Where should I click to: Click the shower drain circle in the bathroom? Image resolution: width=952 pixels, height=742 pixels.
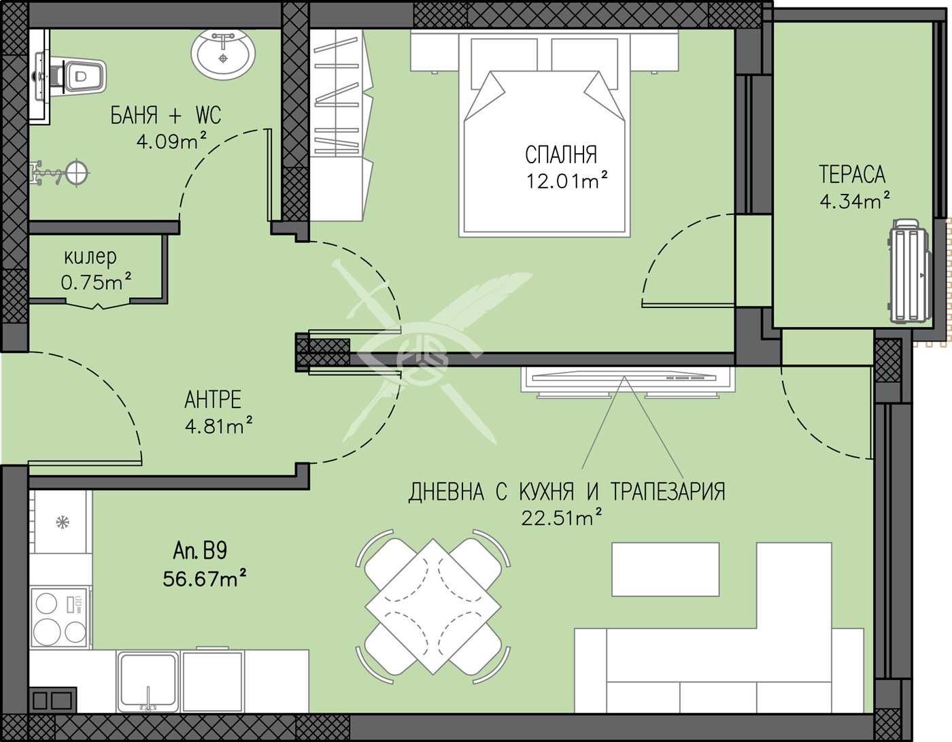pyautogui.click(x=77, y=173)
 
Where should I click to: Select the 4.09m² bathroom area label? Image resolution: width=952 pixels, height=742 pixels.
pyautogui.click(x=171, y=141)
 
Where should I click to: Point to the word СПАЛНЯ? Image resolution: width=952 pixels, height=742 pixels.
pyautogui.click(x=561, y=154)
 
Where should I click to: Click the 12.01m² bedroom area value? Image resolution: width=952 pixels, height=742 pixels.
pyautogui.click(x=566, y=180)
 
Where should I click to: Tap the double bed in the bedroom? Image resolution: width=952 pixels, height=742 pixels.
pyautogui.click(x=544, y=136)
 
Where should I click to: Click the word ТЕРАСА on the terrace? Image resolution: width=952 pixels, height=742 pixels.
pyautogui.click(x=852, y=174)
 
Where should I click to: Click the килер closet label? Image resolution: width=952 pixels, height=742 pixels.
pyautogui.click(x=90, y=258)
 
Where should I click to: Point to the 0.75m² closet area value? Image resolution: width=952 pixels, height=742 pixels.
pyautogui.click(x=96, y=282)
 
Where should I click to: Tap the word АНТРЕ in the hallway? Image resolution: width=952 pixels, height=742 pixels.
pyautogui.click(x=213, y=399)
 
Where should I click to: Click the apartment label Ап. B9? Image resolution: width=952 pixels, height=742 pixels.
pyautogui.click(x=200, y=551)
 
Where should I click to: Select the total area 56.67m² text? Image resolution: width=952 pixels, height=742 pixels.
pyautogui.click(x=204, y=578)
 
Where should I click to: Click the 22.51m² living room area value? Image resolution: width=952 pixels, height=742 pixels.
pyautogui.click(x=561, y=518)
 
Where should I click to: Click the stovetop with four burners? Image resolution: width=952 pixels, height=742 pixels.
pyautogui.click(x=59, y=618)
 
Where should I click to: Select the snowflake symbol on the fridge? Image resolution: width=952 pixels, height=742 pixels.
pyautogui.click(x=63, y=522)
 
